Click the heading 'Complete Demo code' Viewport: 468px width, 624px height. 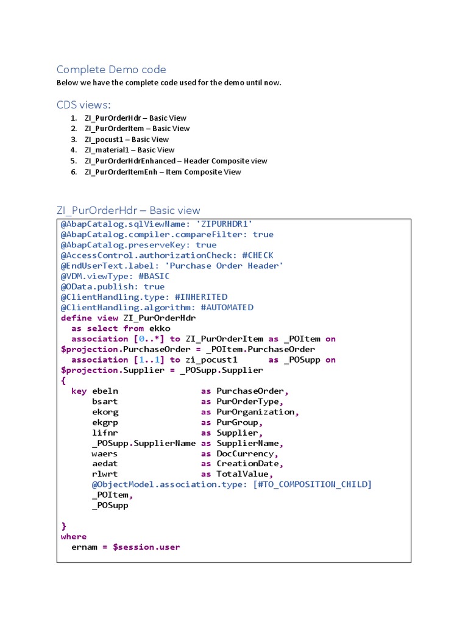[x=111, y=69]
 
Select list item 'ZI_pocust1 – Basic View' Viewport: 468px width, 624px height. [x=127, y=140]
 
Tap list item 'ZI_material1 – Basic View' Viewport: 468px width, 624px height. [x=129, y=150]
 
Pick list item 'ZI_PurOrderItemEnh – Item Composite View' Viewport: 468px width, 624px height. [x=163, y=172]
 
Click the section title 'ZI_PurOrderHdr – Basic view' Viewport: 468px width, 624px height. [x=128, y=211]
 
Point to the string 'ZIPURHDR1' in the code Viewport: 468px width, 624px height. [x=225, y=224]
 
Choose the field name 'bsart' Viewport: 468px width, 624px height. [x=105, y=402]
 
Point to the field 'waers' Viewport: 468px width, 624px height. [x=105, y=453]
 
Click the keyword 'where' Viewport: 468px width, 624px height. [x=74, y=536]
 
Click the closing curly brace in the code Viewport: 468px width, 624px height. [x=63, y=526]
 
